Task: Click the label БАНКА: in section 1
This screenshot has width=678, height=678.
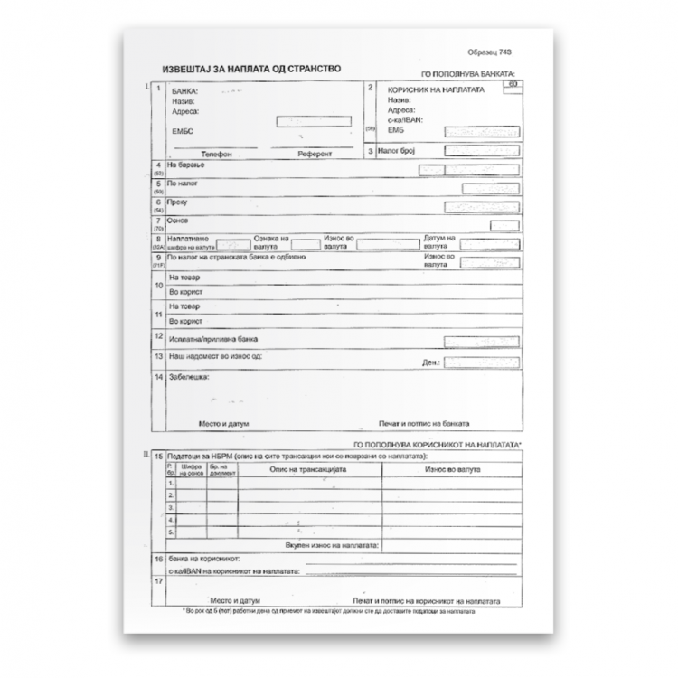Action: click(x=184, y=92)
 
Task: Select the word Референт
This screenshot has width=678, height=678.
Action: click(x=315, y=155)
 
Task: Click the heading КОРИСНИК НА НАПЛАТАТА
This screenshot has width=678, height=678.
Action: click(x=435, y=91)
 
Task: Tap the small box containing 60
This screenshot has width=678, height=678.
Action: click(x=513, y=85)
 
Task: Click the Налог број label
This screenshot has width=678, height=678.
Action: click(x=394, y=151)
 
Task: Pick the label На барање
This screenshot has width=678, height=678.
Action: click(x=184, y=166)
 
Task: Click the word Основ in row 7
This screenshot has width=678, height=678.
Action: click(x=178, y=220)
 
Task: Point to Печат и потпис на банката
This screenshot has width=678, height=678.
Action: click(x=423, y=424)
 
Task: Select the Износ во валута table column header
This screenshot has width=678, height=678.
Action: click(x=449, y=470)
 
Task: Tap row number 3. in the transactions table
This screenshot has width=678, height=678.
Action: click(x=170, y=508)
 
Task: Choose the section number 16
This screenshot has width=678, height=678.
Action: click(x=159, y=560)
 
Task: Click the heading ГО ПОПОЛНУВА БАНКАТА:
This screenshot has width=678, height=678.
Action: click(x=468, y=74)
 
